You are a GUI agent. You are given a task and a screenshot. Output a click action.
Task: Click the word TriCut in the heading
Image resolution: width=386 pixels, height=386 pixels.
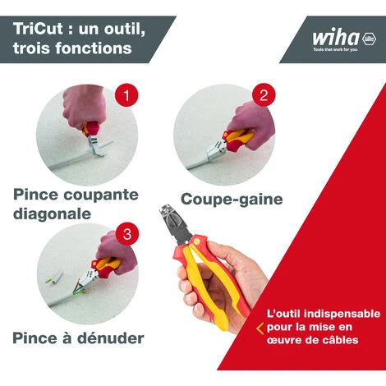pyautogui.click(x=38, y=29)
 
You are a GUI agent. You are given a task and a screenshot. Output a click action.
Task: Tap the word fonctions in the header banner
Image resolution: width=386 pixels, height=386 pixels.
pyautogui.click(x=94, y=48)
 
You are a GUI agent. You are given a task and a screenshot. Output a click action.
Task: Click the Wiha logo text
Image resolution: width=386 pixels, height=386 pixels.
pyautogui.click(x=336, y=38)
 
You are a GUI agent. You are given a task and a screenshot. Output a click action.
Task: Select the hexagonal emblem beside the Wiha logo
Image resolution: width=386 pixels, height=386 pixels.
pyautogui.click(x=369, y=39)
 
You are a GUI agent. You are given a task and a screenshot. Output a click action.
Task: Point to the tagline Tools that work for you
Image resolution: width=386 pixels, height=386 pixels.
pyautogui.click(x=335, y=49)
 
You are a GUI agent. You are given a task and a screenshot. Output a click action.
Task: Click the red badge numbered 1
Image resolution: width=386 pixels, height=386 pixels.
pyautogui.click(x=126, y=95)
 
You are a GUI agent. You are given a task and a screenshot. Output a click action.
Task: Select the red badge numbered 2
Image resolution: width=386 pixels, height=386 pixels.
pyautogui.click(x=264, y=95)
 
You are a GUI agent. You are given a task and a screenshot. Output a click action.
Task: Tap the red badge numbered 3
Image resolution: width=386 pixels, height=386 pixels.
pyautogui.click(x=127, y=234)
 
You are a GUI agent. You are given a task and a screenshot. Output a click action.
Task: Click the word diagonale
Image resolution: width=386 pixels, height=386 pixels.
pyautogui.click(x=52, y=214)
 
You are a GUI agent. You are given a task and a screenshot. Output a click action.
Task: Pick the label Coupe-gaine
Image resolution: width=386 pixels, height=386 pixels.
pyautogui.click(x=232, y=199)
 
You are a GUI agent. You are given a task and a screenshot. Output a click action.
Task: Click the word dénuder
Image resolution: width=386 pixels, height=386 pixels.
pyautogui.click(x=111, y=338)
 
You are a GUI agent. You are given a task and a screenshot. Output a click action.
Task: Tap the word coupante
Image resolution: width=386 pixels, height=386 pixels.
pyautogui.click(x=101, y=195)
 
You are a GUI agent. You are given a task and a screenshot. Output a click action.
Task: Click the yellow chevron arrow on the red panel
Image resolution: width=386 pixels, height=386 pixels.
pyautogui.click(x=260, y=329)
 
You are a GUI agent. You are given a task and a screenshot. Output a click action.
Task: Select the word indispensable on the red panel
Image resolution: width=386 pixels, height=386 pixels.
pyautogui.click(x=342, y=314)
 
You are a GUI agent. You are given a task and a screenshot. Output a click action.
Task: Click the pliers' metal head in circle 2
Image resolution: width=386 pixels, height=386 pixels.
pyautogui.click(x=216, y=149)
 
